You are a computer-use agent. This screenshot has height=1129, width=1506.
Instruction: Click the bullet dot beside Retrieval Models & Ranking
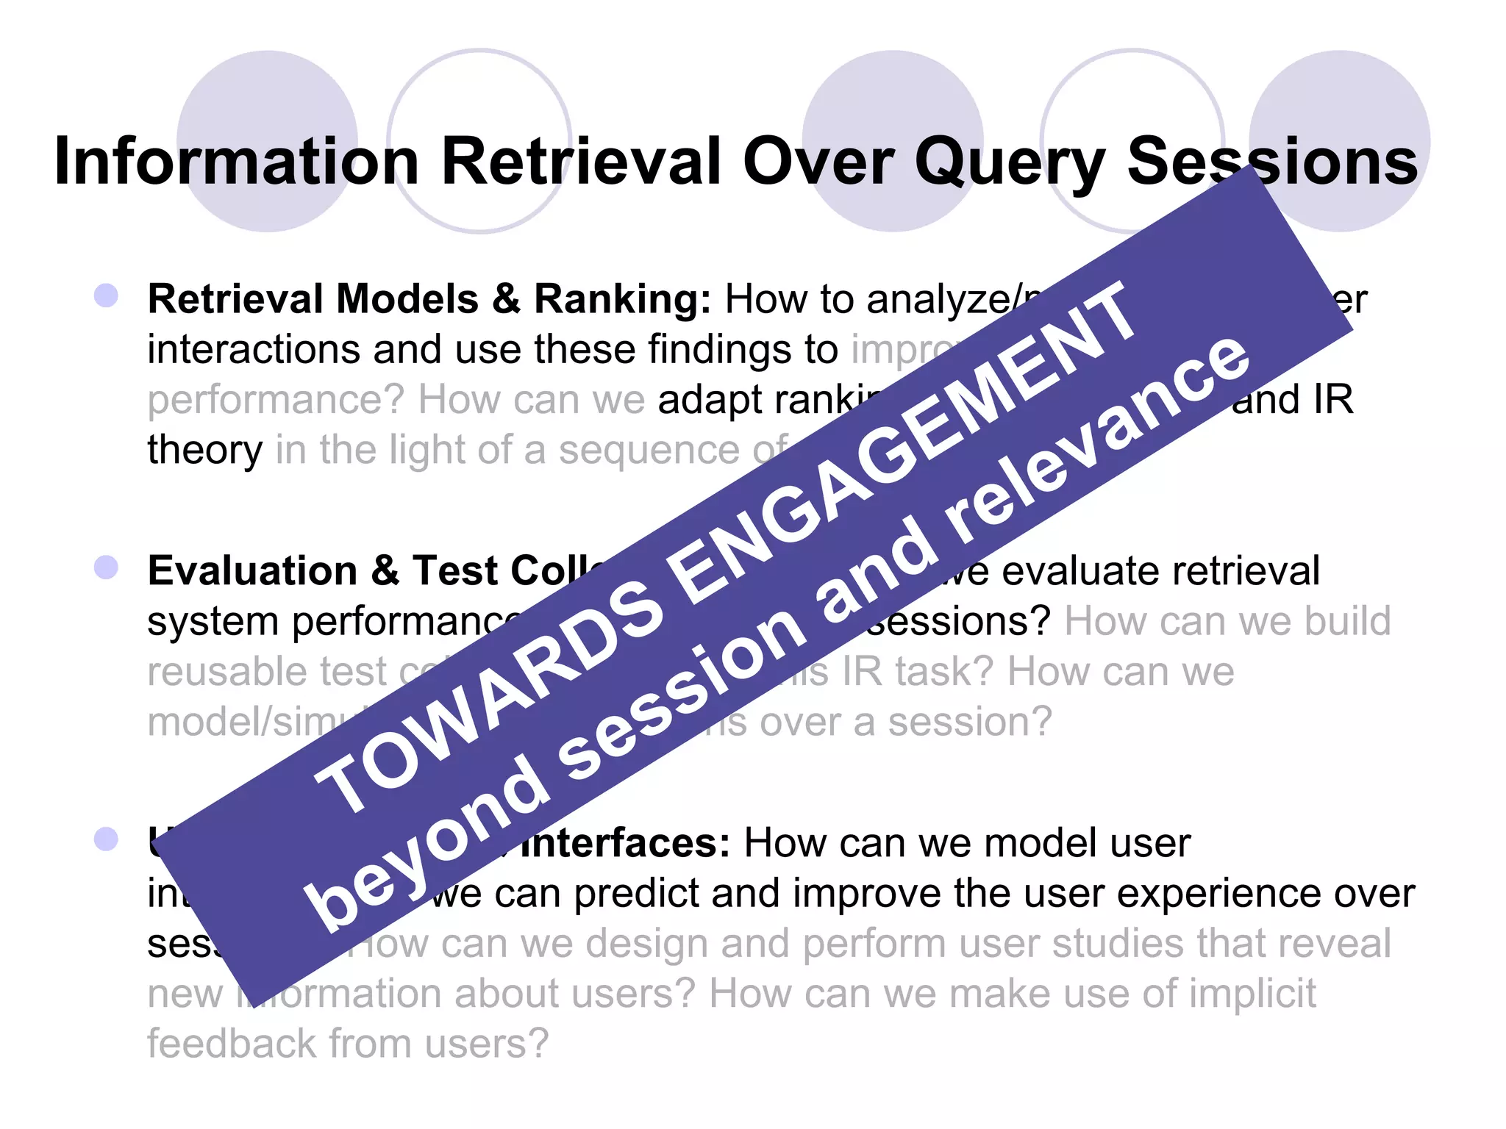(107, 296)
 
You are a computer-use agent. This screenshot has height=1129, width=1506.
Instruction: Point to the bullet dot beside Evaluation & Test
(107, 567)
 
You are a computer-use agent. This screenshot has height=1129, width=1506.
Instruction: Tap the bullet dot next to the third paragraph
(107, 839)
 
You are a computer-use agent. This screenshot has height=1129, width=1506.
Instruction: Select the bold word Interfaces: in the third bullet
(625, 843)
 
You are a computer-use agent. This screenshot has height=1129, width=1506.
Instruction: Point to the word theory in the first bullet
(204, 451)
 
